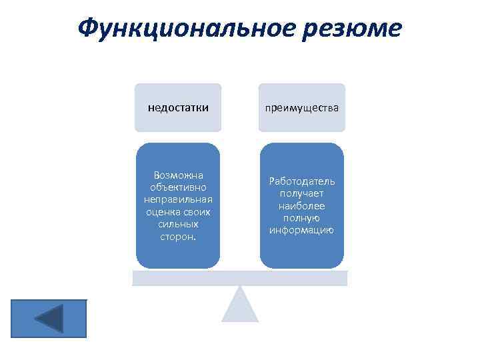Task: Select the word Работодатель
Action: (302, 181)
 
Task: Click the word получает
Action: (302, 193)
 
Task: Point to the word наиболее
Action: (302, 206)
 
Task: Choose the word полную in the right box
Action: (302, 218)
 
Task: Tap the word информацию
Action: (302, 231)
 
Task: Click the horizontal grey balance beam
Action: (239, 278)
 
